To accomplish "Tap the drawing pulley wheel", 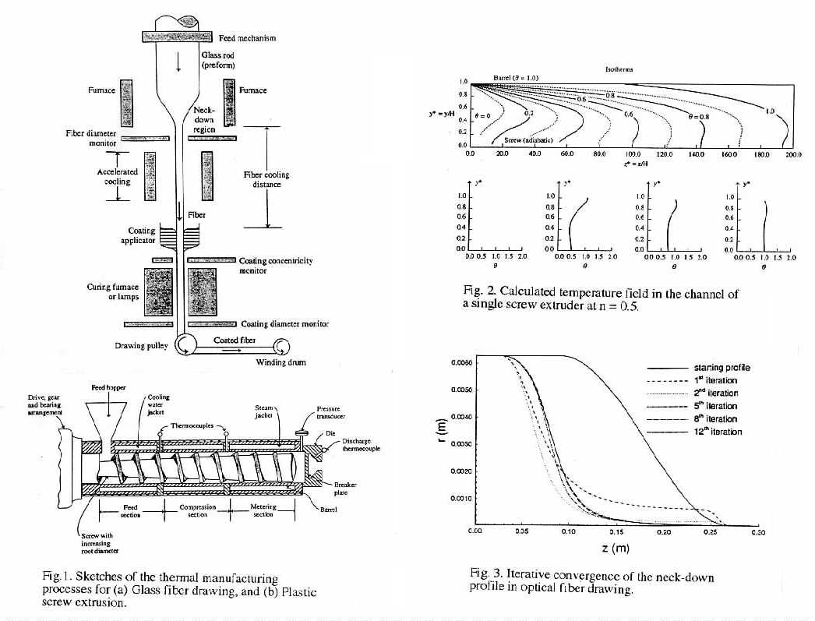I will [187, 343].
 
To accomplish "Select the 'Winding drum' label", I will [281, 362].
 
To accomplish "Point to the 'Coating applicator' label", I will [140, 235].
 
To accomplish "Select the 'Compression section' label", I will [197, 510].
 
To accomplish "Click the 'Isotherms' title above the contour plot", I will [619, 69].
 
